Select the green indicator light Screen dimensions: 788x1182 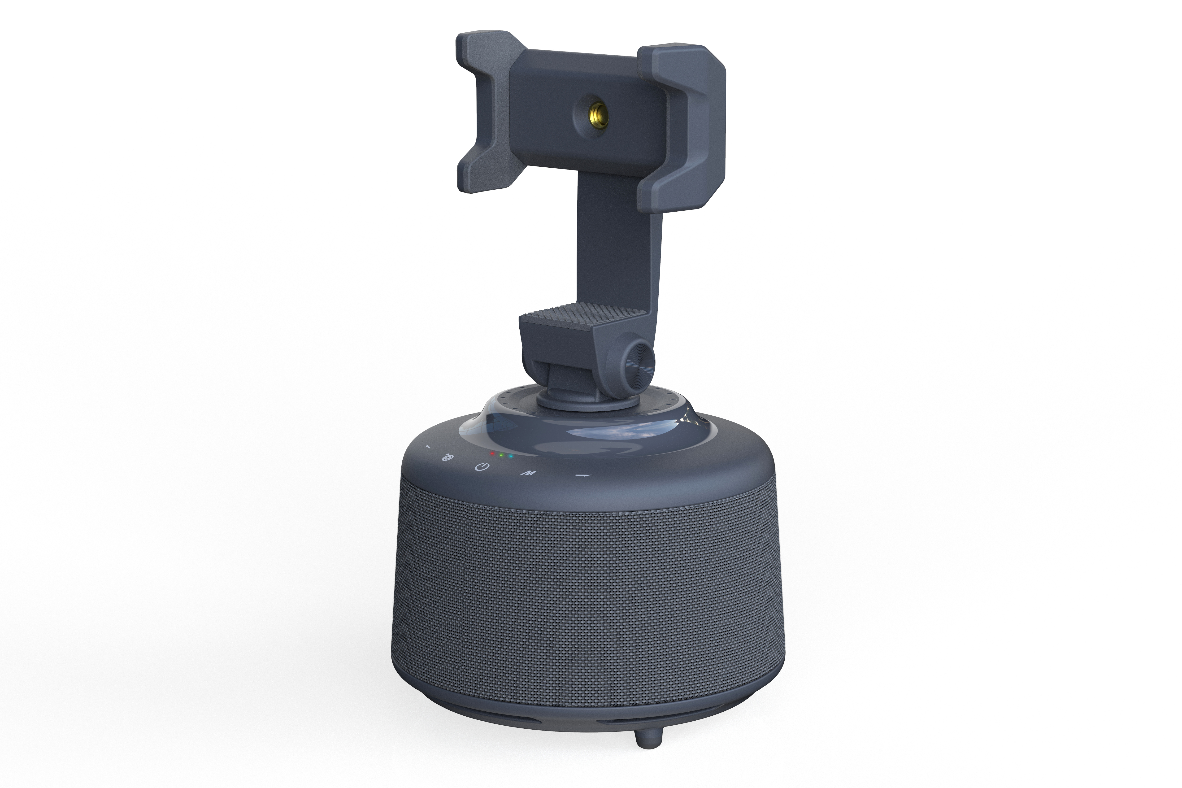[x=502, y=455]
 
